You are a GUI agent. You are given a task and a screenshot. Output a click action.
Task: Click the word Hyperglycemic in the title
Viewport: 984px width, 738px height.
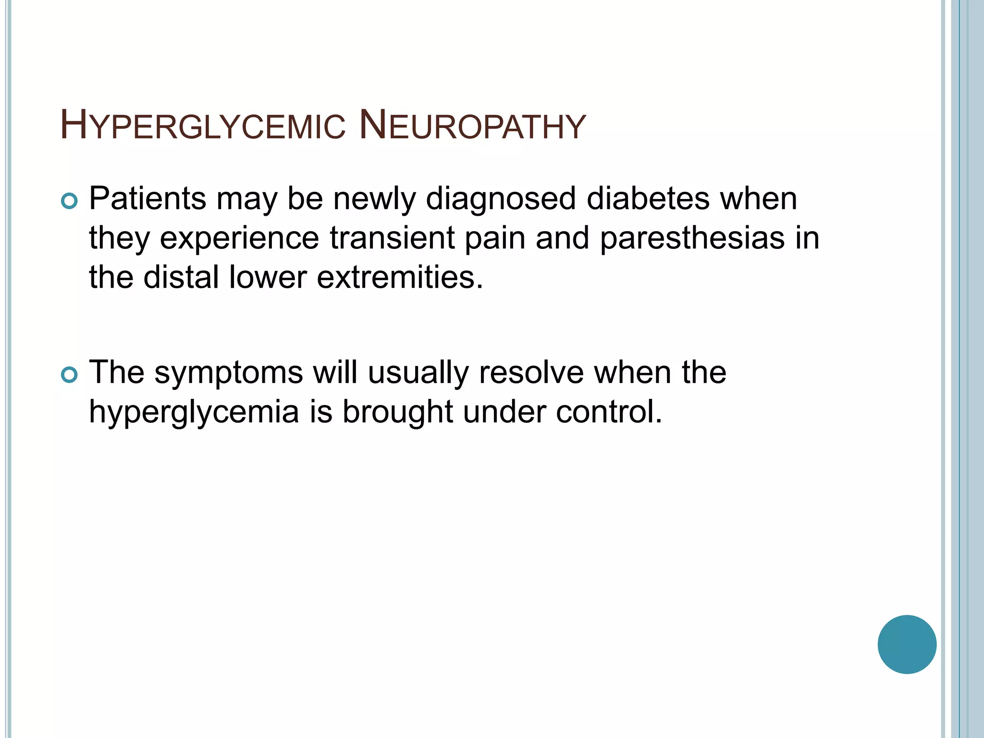[202, 126]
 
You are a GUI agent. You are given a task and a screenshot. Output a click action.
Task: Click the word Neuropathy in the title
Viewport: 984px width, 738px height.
[472, 126]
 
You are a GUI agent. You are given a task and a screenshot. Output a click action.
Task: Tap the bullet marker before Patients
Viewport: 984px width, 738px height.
[70, 201]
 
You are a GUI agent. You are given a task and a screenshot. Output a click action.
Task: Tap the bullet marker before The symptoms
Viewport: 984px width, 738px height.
[70, 375]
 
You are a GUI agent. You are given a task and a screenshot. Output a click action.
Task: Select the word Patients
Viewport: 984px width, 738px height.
[148, 198]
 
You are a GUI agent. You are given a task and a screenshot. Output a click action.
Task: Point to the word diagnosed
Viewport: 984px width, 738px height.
[501, 199]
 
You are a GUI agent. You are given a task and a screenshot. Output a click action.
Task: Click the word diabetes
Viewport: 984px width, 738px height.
[648, 198]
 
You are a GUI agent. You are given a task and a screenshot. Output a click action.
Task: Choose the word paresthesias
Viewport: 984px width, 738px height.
[692, 239]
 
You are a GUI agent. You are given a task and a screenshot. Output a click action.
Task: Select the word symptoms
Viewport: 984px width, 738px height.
[228, 373]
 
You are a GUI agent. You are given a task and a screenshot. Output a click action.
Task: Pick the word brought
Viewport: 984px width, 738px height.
[397, 413]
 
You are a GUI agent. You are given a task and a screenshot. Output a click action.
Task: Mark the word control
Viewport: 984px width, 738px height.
[609, 412]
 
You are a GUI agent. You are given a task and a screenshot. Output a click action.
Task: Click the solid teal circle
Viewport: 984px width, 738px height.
[907, 644]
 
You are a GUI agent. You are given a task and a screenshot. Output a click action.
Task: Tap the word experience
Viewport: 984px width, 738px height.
[239, 239]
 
